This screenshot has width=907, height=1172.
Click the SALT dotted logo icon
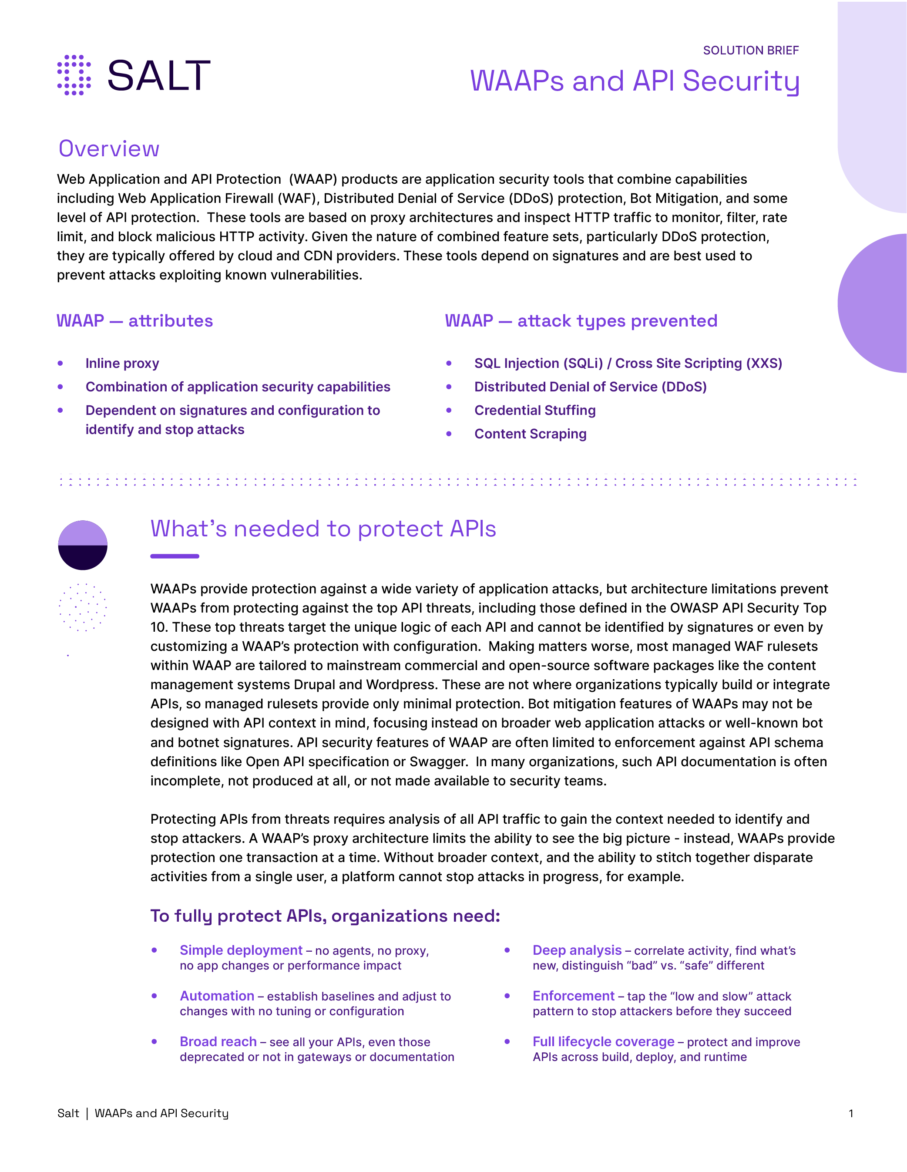coord(74,75)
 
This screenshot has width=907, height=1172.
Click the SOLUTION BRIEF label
coord(750,51)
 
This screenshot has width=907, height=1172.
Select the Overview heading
coord(109,148)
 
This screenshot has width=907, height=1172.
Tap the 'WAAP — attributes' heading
coord(134,321)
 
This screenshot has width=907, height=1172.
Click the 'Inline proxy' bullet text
coord(122,363)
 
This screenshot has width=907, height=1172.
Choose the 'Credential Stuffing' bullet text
coord(535,411)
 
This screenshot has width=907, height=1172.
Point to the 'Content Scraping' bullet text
coord(530,434)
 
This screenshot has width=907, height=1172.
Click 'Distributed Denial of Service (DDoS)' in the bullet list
coord(590,387)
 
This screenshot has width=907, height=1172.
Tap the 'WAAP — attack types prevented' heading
coord(581,321)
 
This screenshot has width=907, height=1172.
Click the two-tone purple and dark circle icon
coord(83,545)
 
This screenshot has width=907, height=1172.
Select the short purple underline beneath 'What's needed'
coord(175,556)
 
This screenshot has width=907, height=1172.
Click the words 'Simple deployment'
coord(241,950)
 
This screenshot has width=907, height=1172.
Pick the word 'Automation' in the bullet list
coord(217,996)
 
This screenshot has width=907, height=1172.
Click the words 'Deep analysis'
coord(577,950)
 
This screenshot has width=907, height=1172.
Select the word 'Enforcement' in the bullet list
coord(573,996)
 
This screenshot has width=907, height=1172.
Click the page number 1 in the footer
coord(851,1114)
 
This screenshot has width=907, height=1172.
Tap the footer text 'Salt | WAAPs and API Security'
coord(143,1114)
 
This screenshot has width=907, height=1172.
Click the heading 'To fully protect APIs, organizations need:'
coord(325,916)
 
